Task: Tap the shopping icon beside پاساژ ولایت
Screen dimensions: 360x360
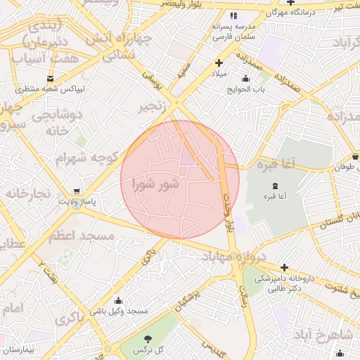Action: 77,191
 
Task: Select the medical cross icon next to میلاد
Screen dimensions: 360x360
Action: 219,63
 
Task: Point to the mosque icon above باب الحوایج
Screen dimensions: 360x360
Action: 245,79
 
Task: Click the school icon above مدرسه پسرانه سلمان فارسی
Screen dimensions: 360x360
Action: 234,15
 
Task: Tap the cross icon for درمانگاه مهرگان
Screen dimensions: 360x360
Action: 290,3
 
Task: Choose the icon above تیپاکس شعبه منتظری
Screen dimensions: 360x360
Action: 50,79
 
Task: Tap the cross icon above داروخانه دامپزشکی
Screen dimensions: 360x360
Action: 283,267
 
